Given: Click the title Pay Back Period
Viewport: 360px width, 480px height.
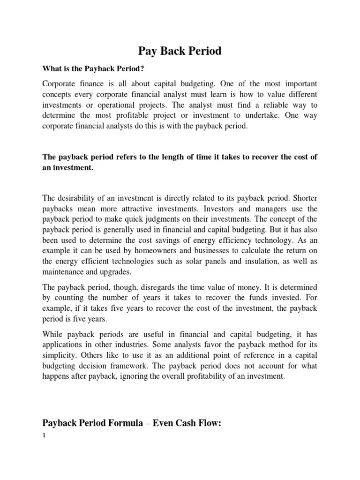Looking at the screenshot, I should pyautogui.click(x=179, y=51).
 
